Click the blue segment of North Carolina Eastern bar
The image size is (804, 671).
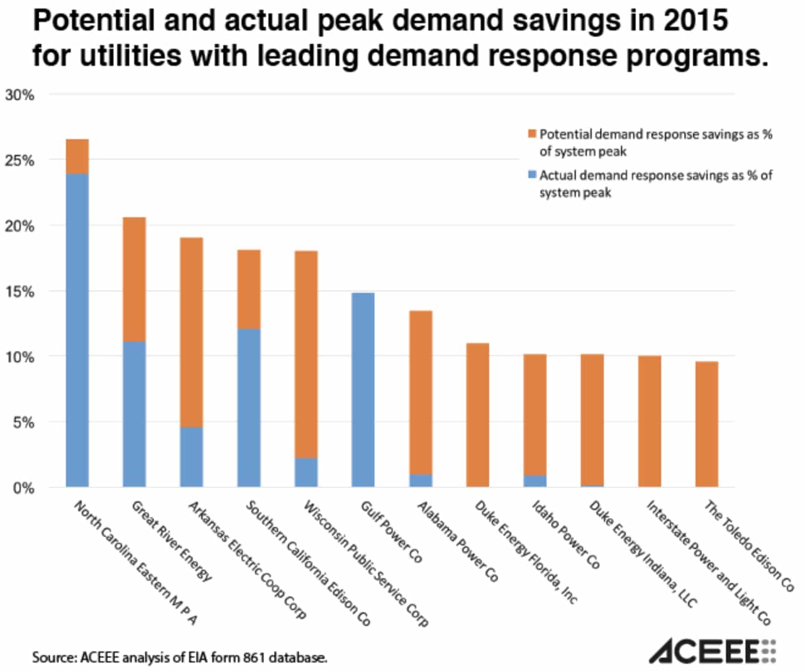tap(77, 329)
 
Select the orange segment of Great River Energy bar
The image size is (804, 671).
tap(134, 279)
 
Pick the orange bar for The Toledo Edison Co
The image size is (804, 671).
tap(706, 424)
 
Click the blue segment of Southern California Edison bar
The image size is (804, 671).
tap(248, 407)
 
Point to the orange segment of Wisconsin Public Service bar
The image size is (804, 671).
tap(306, 354)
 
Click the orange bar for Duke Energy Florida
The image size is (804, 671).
tap(478, 415)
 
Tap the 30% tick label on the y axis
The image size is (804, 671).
tap(20, 95)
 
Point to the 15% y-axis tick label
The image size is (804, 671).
tap(20, 292)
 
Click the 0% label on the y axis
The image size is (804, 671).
tap(23, 488)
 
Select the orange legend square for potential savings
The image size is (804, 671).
tap(532, 134)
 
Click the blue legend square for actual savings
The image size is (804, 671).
tap(532, 175)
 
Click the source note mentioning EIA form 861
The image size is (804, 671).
tap(179, 658)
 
